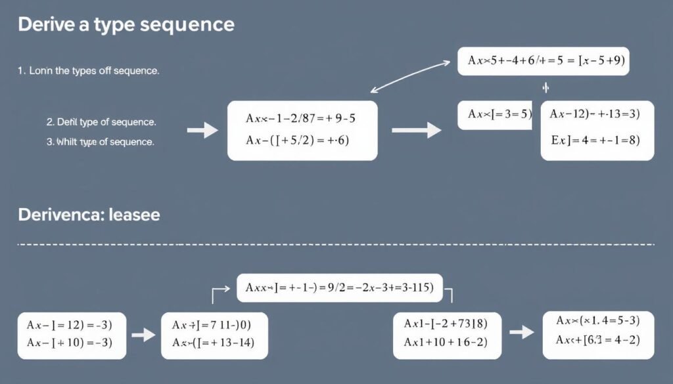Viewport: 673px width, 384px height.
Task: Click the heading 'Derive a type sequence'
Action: point(126,25)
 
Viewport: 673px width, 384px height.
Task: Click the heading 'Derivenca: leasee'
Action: point(89,215)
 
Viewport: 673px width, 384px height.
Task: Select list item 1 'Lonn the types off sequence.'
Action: point(88,70)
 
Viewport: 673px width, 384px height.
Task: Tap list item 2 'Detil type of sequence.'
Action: point(101,122)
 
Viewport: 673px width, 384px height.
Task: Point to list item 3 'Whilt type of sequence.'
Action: point(100,142)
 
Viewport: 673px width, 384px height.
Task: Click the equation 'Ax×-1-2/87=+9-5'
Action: point(301,119)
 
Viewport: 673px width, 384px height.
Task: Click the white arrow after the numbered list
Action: point(202,131)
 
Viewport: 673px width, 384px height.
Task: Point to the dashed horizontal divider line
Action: point(335,245)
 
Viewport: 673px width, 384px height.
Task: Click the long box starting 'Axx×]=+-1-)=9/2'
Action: point(339,288)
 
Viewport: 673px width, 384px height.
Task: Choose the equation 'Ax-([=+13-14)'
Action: point(213,343)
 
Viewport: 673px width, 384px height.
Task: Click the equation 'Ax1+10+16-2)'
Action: point(446,343)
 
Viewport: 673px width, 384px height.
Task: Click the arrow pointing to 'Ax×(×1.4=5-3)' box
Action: point(521,332)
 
